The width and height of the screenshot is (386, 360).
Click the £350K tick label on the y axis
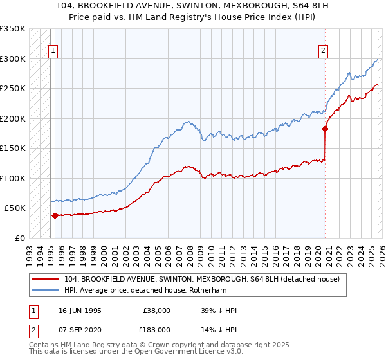pyautogui.click(x=13, y=29)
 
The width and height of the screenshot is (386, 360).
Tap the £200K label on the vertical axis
pyautogui.click(x=13, y=118)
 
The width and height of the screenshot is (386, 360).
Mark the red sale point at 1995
pyautogui.click(x=55, y=215)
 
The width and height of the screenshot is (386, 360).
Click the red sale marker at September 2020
pyautogui.click(x=325, y=129)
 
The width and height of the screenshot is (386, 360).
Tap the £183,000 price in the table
pyautogui.click(x=156, y=329)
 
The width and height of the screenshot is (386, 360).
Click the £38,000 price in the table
pyautogui.click(x=156, y=310)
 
